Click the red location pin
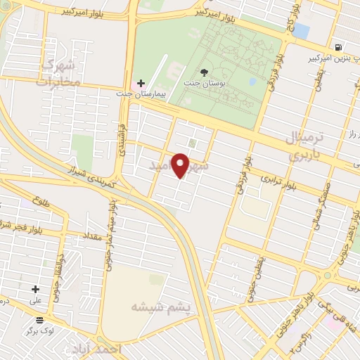point(181,165)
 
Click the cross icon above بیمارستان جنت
point(141,83)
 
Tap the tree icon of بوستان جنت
point(205,72)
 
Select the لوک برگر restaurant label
point(39,330)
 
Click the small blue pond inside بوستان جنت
point(252,82)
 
